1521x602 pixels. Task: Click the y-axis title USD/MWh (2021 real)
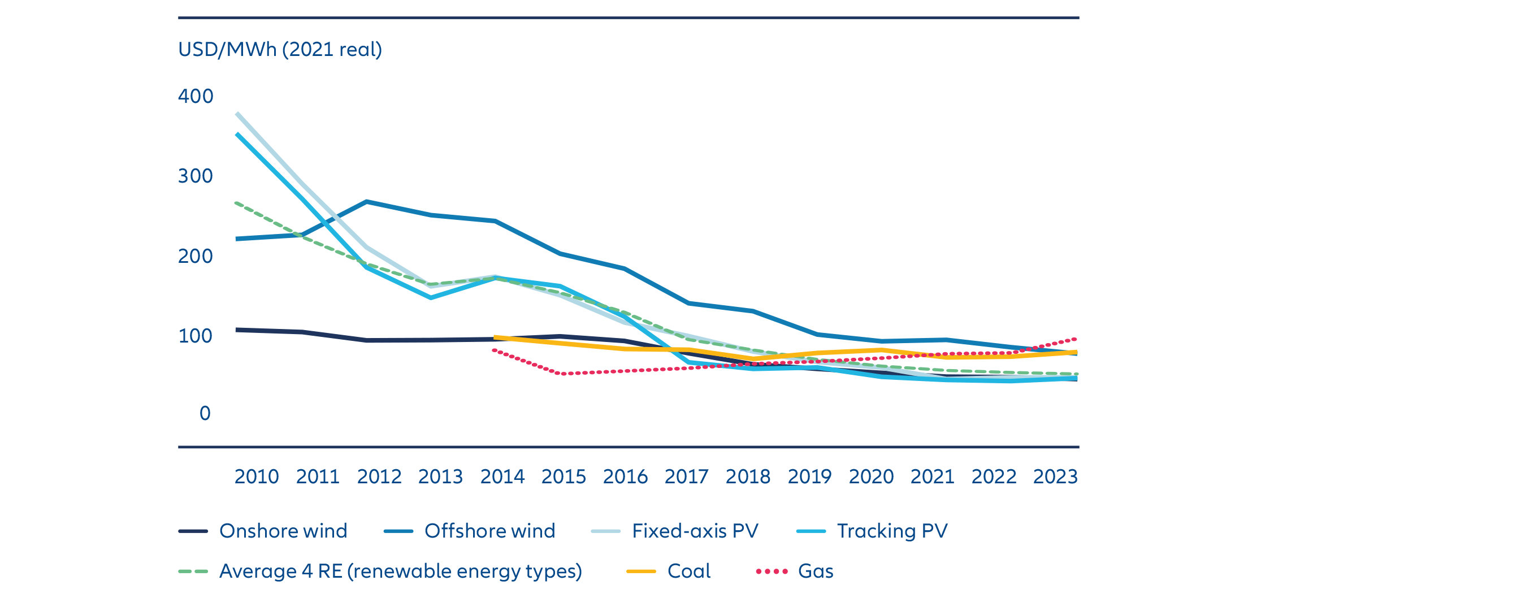[280, 49]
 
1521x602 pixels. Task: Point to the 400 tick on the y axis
[196, 96]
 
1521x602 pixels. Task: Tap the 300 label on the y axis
[196, 175]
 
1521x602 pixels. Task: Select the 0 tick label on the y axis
[205, 413]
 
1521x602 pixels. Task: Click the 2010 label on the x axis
[256, 476]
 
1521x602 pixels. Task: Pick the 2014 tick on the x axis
[502, 476]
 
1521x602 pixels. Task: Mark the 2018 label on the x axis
[748, 476]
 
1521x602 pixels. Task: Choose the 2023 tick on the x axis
[1055, 476]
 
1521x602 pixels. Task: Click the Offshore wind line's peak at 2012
[367, 202]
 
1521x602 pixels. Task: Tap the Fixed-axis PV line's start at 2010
[237, 113]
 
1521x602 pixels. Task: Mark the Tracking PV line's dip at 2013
[431, 297]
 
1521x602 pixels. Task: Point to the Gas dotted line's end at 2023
[1075, 339]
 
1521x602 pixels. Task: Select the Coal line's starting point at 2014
[495, 337]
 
